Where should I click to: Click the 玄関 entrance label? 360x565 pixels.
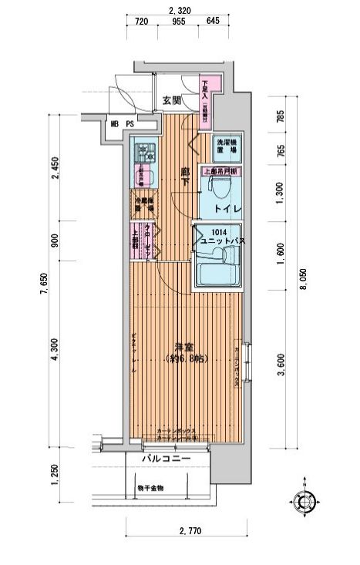pyautogui.click(x=170, y=101)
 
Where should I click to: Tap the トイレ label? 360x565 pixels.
pyautogui.click(x=224, y=208)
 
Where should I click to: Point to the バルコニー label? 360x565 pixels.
pyautogui.click(x=167, y=459)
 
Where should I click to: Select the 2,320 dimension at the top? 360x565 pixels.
pyautogui.click(x=180, y=10)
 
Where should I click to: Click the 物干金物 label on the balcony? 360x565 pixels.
pyautogui.click(x=151, y=487)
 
